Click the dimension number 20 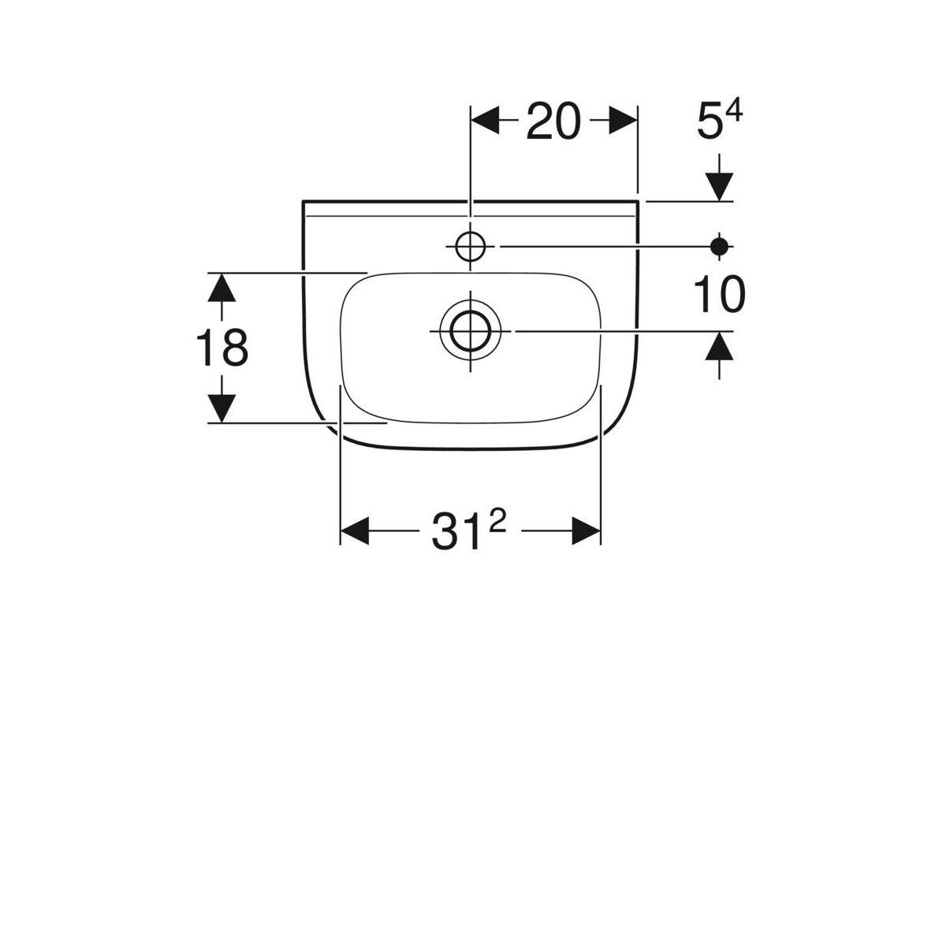coord(553,121)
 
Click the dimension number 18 coord(222,348)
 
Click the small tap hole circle coord(471,247)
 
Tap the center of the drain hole coord(471,331)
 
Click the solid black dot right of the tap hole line coord(719,247)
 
